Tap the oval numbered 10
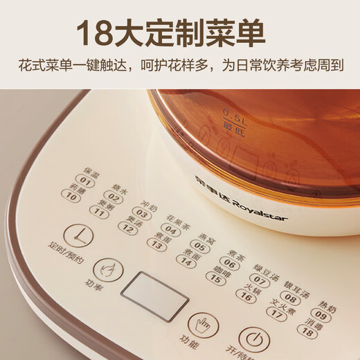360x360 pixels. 71,197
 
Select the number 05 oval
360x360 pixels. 200,245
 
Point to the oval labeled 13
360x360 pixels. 156,244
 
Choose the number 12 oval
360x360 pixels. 127,228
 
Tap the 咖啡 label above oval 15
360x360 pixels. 219,265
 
